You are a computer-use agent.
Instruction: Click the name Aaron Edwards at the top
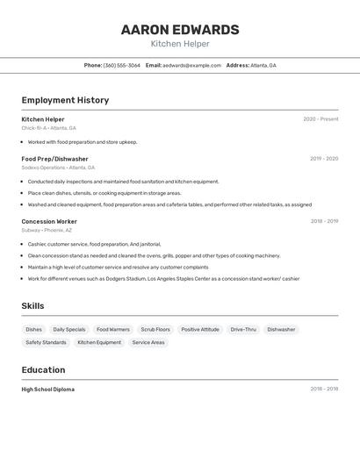pos(180,29)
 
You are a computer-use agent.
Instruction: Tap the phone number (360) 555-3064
pos(122,65)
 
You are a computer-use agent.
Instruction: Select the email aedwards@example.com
pos(191,65)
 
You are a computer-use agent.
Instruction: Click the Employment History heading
pos(65,100)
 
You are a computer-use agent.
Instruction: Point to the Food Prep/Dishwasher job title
pos(54,159)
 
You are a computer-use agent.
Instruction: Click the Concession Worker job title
pos(49,221)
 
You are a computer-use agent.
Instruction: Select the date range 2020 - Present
pos(320,119)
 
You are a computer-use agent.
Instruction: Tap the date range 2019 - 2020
pos(324,159)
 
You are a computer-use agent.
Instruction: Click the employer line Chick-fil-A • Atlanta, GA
pos(49,128)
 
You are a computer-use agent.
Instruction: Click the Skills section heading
pos(33,305)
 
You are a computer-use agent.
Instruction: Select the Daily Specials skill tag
pos(69,329)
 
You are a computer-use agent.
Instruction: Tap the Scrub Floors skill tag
pos(155,329)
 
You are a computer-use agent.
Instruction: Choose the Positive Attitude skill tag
pos(200,329)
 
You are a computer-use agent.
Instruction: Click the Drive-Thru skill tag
pos(243,329)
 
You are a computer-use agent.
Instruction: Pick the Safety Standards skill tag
pos(46,342)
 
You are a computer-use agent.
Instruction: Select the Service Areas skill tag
pos(148,342)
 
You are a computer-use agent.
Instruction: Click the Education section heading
pos(43,369)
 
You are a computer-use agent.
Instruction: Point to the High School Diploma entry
pos(48,389)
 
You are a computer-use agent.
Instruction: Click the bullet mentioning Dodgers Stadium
pos(163,278)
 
